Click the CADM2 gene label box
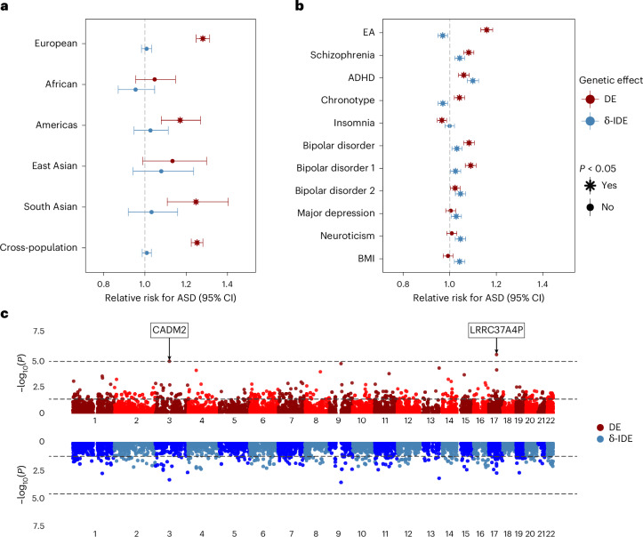tap(169, 330)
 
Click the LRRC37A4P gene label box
tap(496, 330)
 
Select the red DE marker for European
tap(203, 38)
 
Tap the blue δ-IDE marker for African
tap(135, 90)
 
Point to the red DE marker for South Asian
tap(196, 202)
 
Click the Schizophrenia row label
tap(342, 55)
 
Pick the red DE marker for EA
tap(486, 29)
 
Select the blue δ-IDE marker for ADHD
tap(473, 81)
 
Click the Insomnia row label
tap(354, 123)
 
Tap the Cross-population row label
tap(38, 247)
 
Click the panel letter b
tap(300, 5)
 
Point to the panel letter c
tap(4, 314)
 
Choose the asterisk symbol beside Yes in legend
tap(591, 186)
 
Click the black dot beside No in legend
tap(591, 207)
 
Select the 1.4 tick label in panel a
tap(227, 285)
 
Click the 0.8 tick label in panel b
tap(403, 285)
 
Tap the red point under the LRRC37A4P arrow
tap(496, 354)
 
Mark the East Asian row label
tap(54, 165)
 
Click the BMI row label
tap(366, 258)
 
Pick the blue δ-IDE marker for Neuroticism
tap(461, 238)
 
